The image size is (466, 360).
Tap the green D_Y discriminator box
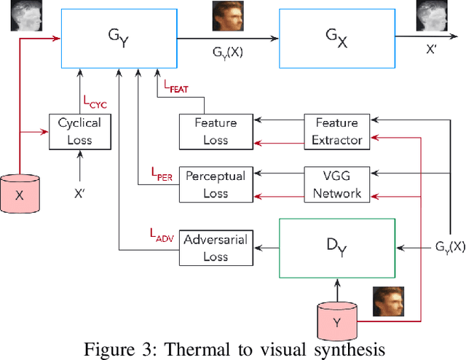tap(336, 248)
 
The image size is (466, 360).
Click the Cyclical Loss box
tap(79, 131)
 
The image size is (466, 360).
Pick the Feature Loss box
tap(216, 131)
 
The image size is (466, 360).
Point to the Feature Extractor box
tap(336, 131)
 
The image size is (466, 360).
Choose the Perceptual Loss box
tap(216, 184)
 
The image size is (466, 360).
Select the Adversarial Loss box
tap(216, 248)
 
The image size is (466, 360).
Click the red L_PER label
tap(162, 173)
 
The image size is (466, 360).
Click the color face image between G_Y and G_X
tap(226, 16)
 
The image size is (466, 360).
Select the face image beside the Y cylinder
tap(387, 301)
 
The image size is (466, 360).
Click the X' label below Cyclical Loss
tap(79, 195)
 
